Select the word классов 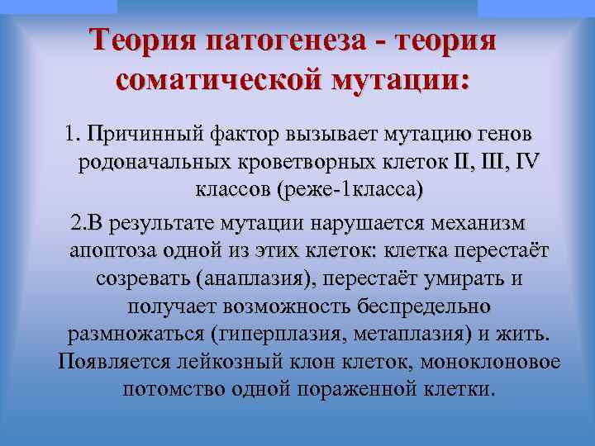(x=235, y=192)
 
